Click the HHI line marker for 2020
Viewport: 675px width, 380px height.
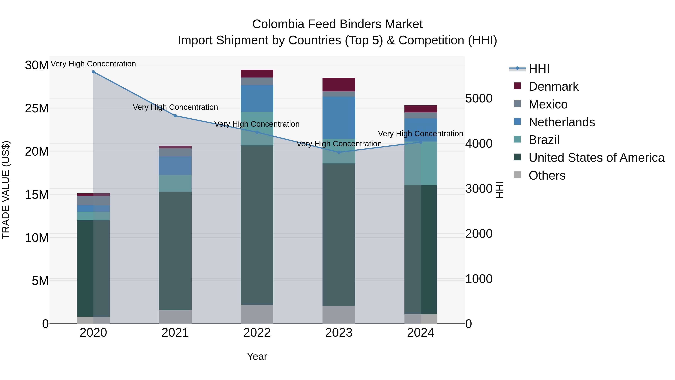(93, 72)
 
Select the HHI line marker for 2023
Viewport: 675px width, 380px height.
(339, 152)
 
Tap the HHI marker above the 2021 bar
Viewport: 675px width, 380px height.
(175, 116)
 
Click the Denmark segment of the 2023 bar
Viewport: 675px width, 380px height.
(339, 84)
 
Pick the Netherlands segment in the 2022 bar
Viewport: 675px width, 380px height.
(257, 98)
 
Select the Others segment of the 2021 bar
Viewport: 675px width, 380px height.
(175, 317)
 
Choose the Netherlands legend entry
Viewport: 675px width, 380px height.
(562, 122)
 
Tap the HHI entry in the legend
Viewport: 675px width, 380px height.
(539, 69)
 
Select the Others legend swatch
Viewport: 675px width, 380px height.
(517, 175)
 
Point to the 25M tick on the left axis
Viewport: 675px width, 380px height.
(37, 108)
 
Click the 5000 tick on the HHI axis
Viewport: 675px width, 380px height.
(479, 99)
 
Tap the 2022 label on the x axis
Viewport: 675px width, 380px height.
(257, 333)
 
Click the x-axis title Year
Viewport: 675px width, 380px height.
(257, 356)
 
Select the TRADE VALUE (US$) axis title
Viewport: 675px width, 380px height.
(6, 190)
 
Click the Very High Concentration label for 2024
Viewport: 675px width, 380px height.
(420, 133)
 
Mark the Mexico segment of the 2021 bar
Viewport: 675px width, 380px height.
(175, 152)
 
